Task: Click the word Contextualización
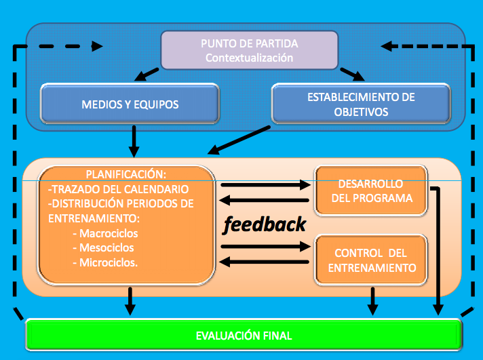coord(249,58)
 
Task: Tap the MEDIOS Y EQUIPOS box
coord(130,104)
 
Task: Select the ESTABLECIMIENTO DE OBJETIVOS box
coord(361,104)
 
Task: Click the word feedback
coord(265,224)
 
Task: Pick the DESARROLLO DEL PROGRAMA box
coord(371,191)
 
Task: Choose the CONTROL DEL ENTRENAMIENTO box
coord(371,260)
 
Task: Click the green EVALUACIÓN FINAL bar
coord(244,335)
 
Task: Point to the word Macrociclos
coord(109,233)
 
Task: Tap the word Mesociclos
coord(107,248)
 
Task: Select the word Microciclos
coord(109,262)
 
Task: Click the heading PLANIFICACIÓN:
coord(126,174)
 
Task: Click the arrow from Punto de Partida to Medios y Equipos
coord(147,75)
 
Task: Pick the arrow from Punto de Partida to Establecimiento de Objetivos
coord(352,75)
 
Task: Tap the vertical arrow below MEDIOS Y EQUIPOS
coord(134,141)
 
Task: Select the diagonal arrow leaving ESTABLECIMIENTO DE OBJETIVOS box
coord(239,140)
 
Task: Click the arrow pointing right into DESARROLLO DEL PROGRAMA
coord(266,185)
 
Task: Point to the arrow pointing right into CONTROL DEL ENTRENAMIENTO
coord(266,246)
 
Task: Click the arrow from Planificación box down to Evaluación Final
coord(130,301)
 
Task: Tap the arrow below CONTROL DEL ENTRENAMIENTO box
coord(372,301)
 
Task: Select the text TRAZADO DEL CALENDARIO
coord(120,189)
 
